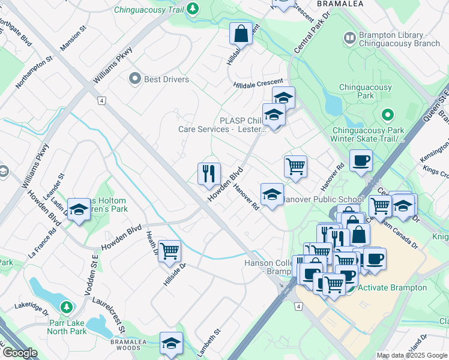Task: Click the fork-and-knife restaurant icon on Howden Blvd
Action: pos(209,174)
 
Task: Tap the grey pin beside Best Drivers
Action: pos(135,79)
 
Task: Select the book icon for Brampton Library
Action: pos(350,39)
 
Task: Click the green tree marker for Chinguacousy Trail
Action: pos(193,8)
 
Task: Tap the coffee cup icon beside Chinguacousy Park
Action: pos(361,161)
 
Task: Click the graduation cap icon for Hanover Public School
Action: pos(272,194)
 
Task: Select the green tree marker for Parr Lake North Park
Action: pos(67,308)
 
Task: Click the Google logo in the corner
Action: pos(19,353)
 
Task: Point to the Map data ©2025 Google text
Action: pos(412,355)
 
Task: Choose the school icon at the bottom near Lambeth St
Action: pos(171,343)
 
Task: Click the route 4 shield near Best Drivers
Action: pos(103,101)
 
